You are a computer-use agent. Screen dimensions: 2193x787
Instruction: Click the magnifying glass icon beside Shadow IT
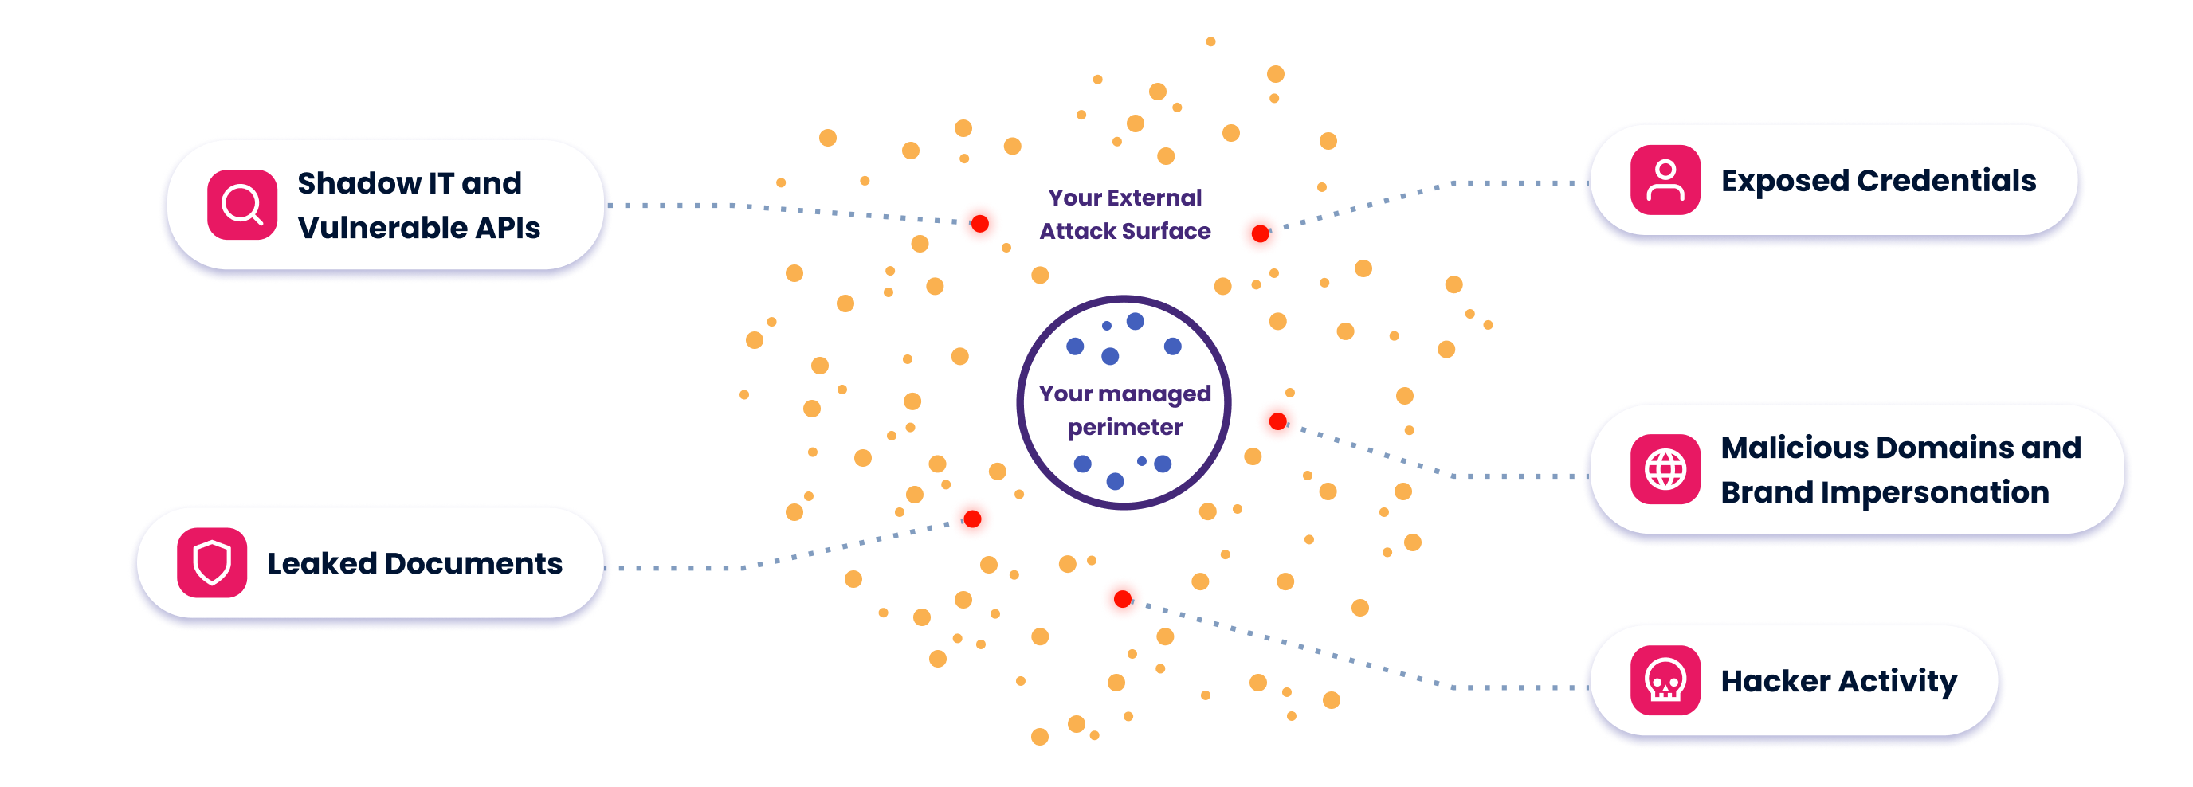point(241,205)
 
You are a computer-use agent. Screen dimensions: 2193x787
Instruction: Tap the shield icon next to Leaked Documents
point(212,562)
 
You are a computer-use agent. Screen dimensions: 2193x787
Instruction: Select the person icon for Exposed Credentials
point(1665,179)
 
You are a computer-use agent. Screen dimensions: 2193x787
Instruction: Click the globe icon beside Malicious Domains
point(1665,469)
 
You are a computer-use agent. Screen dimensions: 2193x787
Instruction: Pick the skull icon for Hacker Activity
point(1665,679)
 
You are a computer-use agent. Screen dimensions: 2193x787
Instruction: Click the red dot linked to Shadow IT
point(980,224)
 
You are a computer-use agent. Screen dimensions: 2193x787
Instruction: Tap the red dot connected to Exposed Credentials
point(1260,234)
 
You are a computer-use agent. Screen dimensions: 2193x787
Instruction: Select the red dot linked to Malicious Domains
point(1278,421)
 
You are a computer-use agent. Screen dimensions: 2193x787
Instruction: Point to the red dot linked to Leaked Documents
point(972,519)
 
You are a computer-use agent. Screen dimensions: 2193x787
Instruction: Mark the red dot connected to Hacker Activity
point(1123,599)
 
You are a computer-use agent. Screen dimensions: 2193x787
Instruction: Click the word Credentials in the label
point(1946,180)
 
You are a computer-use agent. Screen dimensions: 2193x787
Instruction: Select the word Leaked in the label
point(322,563)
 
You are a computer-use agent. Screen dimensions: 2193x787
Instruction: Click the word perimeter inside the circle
point(1124,428)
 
